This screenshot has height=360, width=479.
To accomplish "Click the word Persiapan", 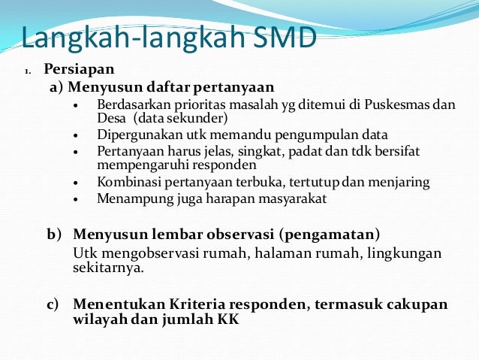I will tap(79, 70).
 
